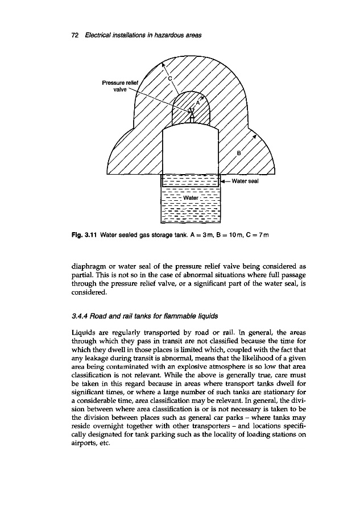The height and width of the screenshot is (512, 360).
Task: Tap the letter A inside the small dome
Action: coord(198,103)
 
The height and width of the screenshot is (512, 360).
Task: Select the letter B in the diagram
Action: coord(239,152)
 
